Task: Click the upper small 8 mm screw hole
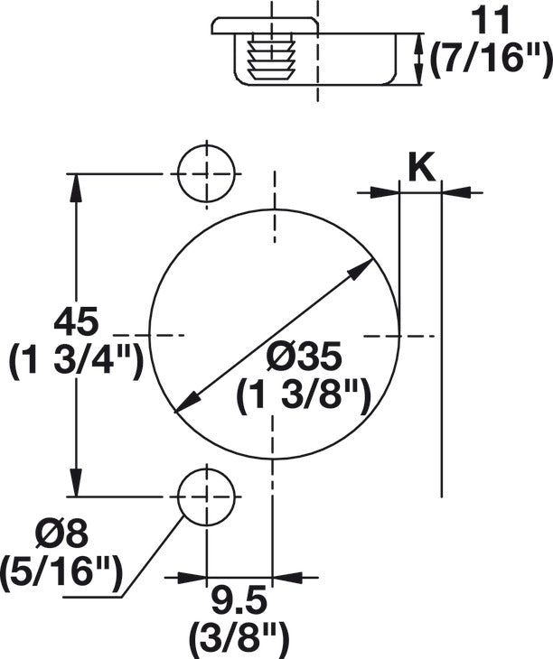[205, 173]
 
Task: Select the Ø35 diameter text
[305, 358]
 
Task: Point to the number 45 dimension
[75, 322]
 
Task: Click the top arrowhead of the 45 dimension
[76, 185]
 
